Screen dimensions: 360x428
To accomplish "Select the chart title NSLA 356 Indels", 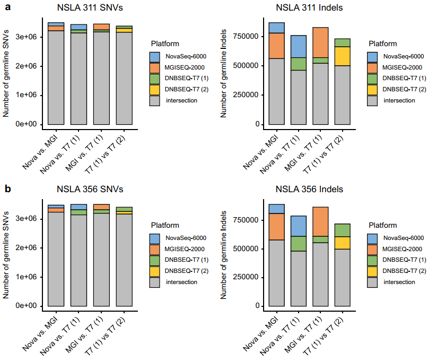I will point(309,189).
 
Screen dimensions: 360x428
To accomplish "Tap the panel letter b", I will point(7,188).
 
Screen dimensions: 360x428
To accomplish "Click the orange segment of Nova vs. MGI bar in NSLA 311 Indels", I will point(276,46).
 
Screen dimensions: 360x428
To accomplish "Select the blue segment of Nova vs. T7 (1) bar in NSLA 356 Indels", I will point(299,226).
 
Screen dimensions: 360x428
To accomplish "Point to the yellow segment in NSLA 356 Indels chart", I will point(342,243).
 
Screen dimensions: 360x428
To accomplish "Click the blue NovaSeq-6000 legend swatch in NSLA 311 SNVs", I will point(155,57).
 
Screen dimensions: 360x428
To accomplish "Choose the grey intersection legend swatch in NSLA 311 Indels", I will point(372,100).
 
